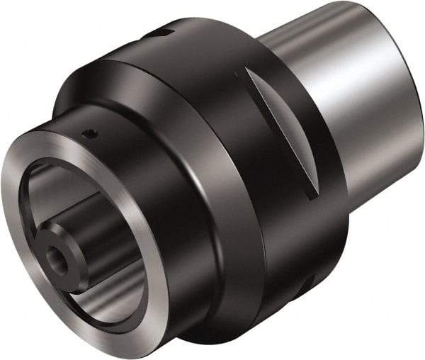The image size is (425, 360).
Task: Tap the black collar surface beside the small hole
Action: (113, 142)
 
